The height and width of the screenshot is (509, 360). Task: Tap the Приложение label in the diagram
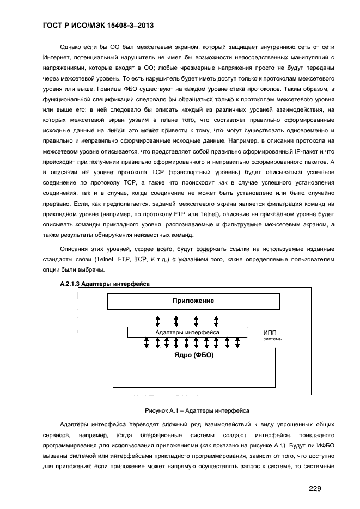click(x=193, y=301)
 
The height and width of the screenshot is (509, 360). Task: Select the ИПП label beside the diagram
click(x=270, y=332)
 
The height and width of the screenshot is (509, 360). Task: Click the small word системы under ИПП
click(x=273, y=339)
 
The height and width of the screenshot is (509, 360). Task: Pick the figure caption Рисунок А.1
click(x=197, y=410)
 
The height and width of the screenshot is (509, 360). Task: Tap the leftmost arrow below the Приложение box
click(x=157, y=319)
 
